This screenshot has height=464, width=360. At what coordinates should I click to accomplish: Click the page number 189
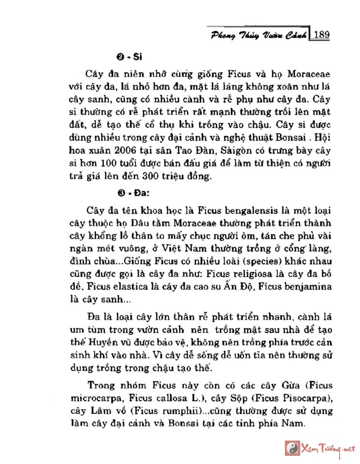coord(321,34)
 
